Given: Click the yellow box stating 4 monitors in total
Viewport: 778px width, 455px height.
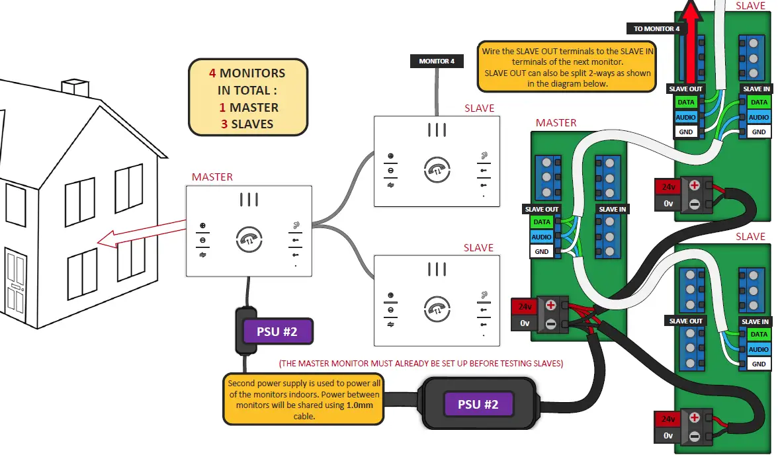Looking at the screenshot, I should tap(248, 98).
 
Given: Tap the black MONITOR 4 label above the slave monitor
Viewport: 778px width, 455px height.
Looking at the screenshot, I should tap(437, 62).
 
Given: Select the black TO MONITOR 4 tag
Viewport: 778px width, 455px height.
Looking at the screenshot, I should tap(656, 29).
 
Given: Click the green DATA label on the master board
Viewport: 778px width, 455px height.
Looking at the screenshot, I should tap(542, 222).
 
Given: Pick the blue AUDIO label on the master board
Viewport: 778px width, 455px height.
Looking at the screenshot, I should tap(542, 237).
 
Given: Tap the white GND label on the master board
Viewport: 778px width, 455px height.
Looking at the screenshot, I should tap(542, 251).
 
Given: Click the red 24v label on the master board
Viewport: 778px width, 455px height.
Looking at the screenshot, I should tap(525, 306).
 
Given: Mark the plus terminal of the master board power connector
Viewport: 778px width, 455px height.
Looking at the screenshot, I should tap(550, 306).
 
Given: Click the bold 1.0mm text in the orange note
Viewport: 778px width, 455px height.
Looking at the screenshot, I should tap(359, 405).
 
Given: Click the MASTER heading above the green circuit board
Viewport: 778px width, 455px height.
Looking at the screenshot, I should tap(556, 123).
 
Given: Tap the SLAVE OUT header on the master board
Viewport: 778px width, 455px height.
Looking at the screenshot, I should tap(542, 209).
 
